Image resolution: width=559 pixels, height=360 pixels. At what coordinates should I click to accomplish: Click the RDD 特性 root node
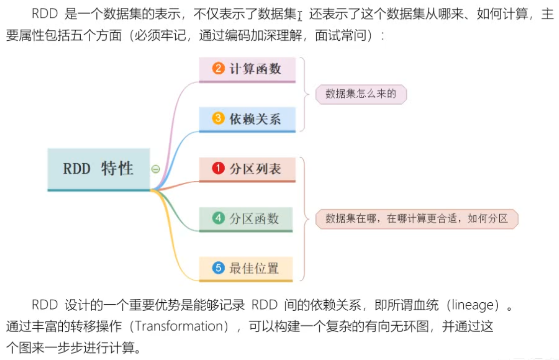(99, 169)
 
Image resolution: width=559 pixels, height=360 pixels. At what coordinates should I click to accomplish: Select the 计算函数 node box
(247, 69)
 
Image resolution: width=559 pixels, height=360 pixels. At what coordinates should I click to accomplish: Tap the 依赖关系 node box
(247, 119)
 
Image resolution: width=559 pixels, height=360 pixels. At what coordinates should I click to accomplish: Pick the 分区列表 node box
(247, 169)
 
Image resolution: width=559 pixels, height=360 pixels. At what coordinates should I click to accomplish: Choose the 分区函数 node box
(246, 219)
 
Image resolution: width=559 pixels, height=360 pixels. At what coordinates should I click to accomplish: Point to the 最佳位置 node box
(246, 268)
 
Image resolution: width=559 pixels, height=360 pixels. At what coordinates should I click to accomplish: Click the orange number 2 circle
(218, 68)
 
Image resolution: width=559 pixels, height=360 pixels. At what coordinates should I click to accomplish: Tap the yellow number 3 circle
(218, 118)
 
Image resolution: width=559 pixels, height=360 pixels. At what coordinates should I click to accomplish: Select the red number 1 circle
(218, 168)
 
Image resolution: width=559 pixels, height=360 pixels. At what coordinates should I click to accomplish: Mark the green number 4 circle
(218, 218)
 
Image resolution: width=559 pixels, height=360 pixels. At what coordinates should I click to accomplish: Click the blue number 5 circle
(218, 268)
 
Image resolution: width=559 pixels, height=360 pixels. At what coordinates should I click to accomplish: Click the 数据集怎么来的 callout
(361, 94)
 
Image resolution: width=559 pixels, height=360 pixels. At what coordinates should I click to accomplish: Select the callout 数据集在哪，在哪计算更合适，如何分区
(417, 219)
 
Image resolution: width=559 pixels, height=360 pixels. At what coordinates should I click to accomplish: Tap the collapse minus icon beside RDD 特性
(155, 169)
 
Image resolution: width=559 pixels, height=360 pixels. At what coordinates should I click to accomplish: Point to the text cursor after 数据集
(300, 16)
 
